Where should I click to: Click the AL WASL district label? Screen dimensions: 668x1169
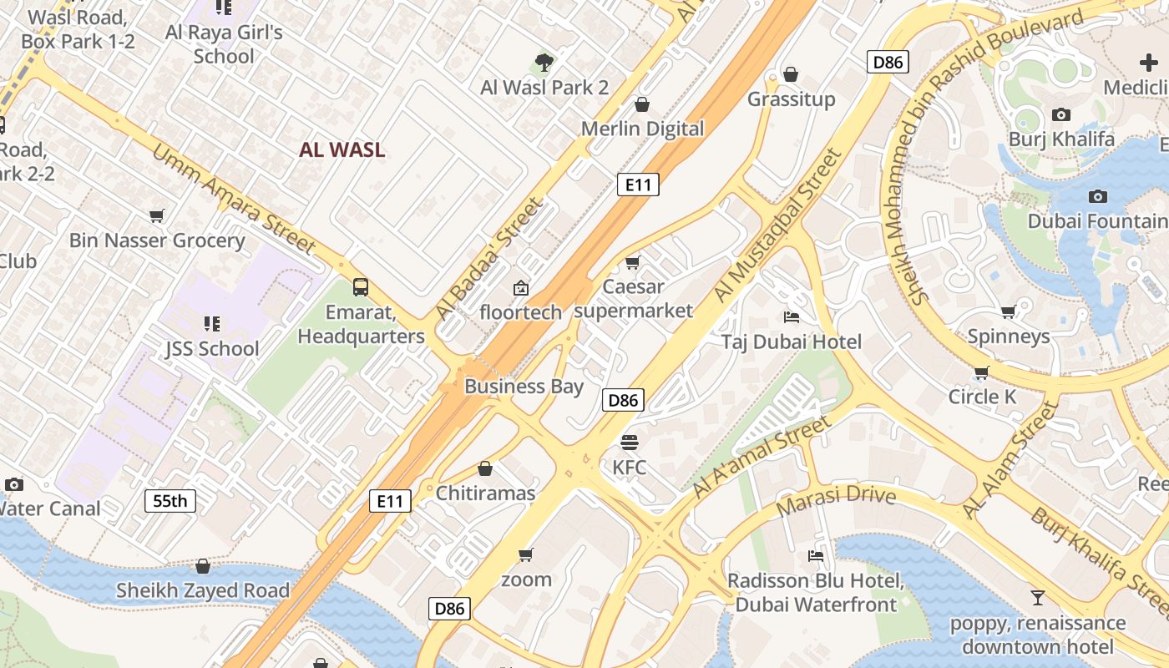click(342, 150)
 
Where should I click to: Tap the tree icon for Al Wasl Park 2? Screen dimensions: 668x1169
click(544, 63)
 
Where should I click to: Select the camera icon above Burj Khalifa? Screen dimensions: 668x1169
click(1061, 114)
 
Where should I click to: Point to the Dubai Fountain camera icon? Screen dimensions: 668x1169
click(1098, 196)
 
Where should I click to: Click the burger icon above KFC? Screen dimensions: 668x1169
click(629, 442)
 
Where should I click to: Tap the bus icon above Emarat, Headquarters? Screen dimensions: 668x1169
click(361, 287)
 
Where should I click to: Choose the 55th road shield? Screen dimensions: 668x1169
click(170, 501)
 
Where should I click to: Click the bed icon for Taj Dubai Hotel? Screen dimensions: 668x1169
click(792, 316)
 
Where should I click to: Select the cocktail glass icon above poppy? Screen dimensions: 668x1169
click(1038, 597)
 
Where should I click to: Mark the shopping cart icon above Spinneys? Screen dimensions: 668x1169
click(1008, 312)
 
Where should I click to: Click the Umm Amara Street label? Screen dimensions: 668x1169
click(233, 198)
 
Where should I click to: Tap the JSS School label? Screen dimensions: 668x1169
click(212, 349)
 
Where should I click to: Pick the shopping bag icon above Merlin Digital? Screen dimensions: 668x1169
click(642, 104)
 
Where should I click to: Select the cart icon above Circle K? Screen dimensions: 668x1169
click(982, 372)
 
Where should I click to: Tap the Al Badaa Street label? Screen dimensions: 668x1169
click(489, 259)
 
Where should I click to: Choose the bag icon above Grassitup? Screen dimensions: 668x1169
click(791, 74)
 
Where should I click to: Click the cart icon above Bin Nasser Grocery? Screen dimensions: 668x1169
click(156, 216)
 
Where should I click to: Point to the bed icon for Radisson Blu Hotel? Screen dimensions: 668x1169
click(816, 556)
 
